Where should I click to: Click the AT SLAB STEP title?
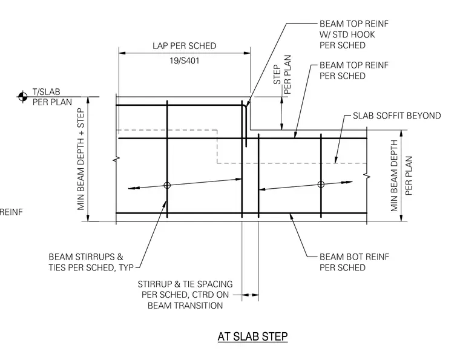(252, 336)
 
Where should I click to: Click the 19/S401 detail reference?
(184, 61)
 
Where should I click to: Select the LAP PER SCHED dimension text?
(184, 46)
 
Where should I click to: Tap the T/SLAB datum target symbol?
(22, 96)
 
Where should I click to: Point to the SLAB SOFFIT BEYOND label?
(396, 116)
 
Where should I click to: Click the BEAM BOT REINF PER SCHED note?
(354, 262)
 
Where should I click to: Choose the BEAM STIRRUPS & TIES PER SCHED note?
(91, 262)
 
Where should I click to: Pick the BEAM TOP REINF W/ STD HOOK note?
(354, 34)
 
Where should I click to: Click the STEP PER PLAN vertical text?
(282, 74)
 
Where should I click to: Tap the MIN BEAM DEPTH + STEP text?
(80, 159)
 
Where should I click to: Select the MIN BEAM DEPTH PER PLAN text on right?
(401, 175)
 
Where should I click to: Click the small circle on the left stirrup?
(167, 185)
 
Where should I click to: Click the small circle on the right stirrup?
(321, 184)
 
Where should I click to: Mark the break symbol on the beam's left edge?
(116, 160)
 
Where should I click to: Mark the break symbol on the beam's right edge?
(367, 176)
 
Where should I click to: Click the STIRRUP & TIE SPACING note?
(185, 295)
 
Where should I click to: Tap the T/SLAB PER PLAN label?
(52, 97)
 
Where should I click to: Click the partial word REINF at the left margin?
(11, 212)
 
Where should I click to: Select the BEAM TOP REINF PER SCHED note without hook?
(354, 70)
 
